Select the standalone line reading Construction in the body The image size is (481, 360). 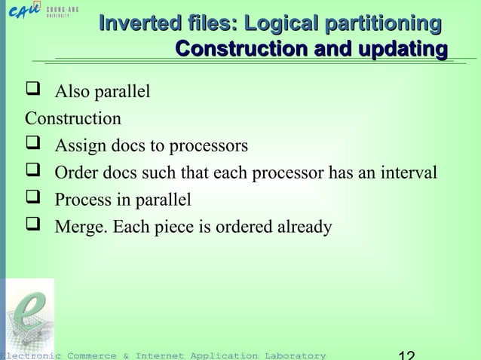pyautogui.click(x=73, y=119)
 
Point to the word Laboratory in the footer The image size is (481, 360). pyautogui.click(x=293, y=355)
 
